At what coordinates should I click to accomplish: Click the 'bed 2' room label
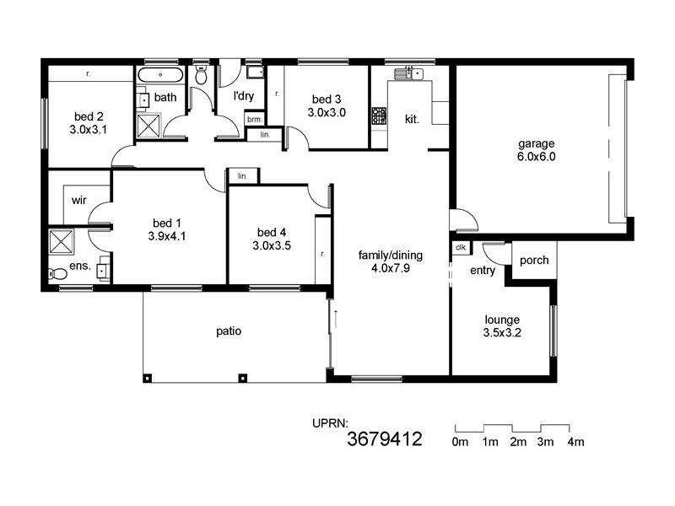coord(89,116)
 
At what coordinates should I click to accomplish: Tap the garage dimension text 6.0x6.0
coord(536,156)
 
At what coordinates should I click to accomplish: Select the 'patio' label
coord(229,331)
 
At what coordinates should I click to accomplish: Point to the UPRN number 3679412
coord(385,439)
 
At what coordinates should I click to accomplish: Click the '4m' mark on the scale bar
coord(576,442)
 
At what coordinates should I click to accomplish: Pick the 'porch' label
coord(533,261)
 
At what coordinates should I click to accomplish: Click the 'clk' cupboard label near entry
coord(462,248)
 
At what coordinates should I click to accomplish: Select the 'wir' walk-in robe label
coord(79,200)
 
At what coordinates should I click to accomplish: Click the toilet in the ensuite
coord(57,273)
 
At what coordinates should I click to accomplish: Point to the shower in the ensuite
coord(62,241)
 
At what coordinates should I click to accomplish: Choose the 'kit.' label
coord(413,120)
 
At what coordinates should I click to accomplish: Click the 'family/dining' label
coord(391,256)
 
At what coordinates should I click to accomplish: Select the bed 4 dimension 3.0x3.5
coord(271,246)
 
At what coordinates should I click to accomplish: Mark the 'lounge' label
coord(502,320)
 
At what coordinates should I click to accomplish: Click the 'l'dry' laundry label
coord(243,96)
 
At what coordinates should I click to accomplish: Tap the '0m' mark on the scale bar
coord(461,442)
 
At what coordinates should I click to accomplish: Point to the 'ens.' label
coord(80,265)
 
